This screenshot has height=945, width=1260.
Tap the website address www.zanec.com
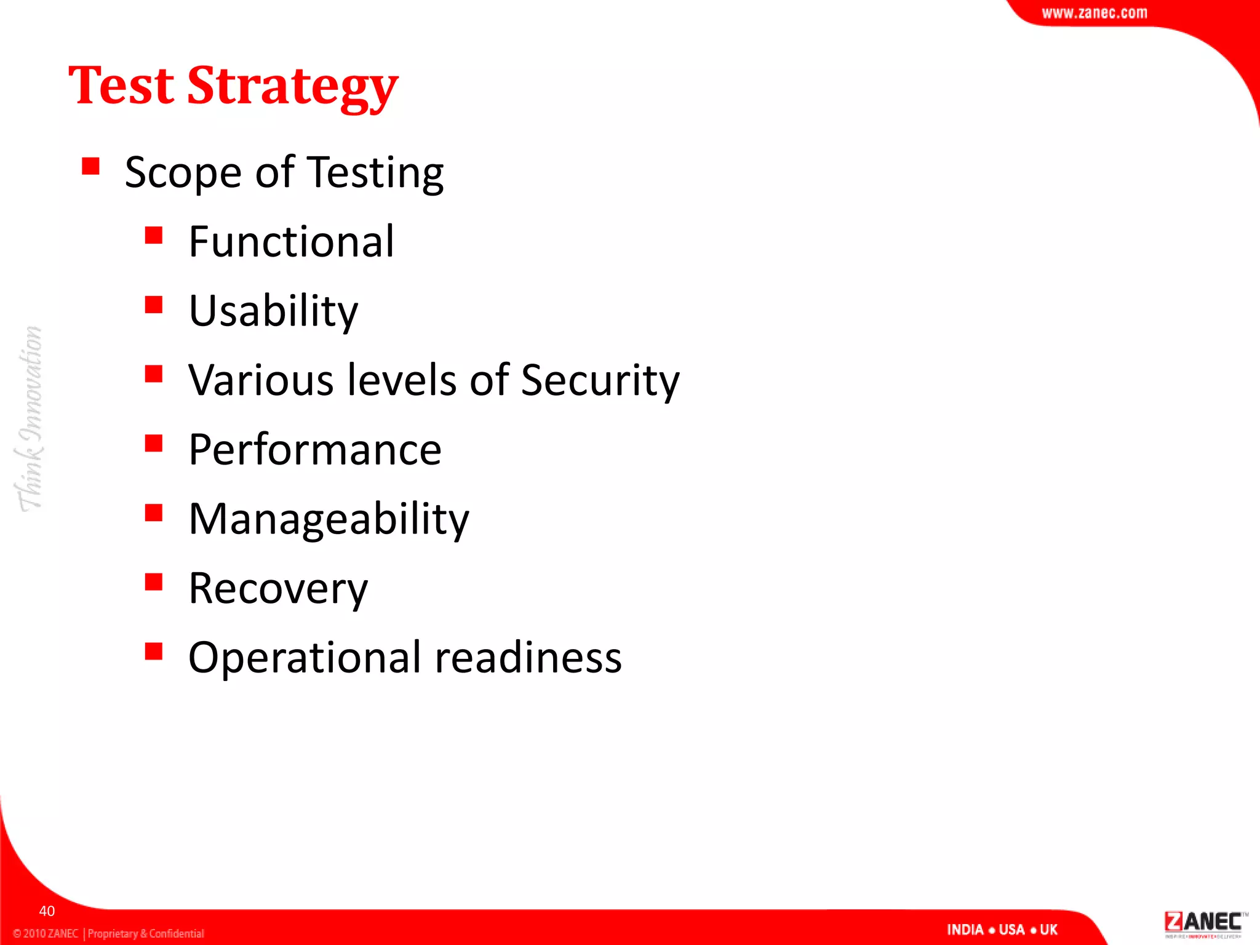coord(1094,13)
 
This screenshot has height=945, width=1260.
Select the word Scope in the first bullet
coord(183,173)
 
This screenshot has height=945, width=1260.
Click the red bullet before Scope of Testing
coord(90,166)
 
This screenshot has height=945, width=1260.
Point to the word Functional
coord(291,241)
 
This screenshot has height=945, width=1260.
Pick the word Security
coord(600,380)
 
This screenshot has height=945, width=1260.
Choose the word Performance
coord(314,450)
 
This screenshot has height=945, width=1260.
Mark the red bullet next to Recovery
coord(154,582)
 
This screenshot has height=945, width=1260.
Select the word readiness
coord(528,657)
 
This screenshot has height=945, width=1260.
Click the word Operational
coord(305,658)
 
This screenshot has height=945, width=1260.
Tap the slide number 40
coord(47,911)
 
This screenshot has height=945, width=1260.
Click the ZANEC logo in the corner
coord(1203,923)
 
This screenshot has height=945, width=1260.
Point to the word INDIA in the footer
coord(965,930)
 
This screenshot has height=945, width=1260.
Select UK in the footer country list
coord(1048,930)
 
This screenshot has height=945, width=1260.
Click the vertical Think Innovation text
coord(29,418)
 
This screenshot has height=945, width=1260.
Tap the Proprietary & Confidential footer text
coord(146,933)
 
